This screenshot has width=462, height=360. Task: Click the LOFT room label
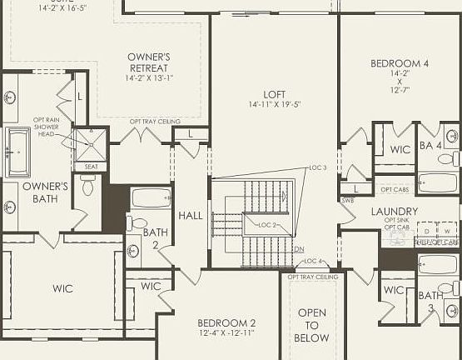(275, 94)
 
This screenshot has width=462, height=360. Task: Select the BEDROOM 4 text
(400, 63)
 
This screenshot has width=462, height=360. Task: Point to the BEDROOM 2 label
(226, 322)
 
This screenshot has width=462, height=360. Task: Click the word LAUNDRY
(395, 212)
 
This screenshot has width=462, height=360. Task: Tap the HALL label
(191, 216)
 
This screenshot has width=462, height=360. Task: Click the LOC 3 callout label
(317, 167)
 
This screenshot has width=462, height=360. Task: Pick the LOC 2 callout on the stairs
(267, 225)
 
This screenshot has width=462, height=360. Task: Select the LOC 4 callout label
(313, 261)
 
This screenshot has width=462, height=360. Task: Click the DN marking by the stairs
(300, 249)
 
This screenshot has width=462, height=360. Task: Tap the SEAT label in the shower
(90, 167)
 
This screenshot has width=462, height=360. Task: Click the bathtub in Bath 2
(151, 198)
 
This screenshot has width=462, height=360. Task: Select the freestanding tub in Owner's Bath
(18, 152)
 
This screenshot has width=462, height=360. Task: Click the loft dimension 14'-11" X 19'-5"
(275, 105)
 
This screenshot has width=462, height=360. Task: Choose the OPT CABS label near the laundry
(393, 189)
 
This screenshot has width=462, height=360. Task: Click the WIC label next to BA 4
(400, 149)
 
